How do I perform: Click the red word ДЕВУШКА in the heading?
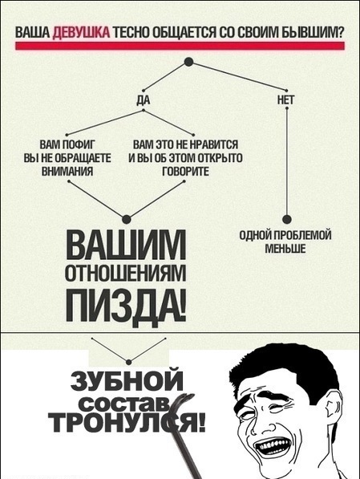81,34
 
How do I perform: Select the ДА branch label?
143,100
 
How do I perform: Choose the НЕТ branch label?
286,99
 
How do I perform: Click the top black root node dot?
188,62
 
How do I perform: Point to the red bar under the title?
180,46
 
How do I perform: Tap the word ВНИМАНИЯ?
67,172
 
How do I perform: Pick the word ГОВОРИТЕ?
186,172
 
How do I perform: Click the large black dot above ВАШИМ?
127,219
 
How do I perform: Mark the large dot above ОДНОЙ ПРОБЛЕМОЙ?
287,219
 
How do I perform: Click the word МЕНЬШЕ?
285,249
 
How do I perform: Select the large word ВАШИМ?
126,245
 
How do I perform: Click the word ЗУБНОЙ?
127,380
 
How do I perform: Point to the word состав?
126,404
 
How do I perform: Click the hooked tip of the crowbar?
188,396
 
